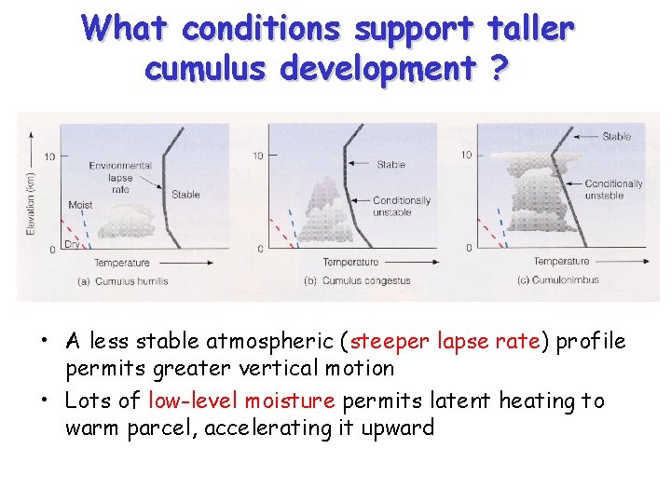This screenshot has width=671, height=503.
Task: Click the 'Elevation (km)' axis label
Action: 31,199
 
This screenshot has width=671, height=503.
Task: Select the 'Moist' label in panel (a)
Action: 80,205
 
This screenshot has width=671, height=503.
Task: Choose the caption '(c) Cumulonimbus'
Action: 558,279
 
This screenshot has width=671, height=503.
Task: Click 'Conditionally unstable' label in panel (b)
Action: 402,206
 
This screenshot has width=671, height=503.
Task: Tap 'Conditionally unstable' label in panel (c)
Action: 613,190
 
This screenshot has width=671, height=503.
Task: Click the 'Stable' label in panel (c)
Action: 616,137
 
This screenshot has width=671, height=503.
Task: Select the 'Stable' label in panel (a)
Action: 185,195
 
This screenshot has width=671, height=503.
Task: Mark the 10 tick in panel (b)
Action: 259,155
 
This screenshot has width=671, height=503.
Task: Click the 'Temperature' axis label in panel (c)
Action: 561,262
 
